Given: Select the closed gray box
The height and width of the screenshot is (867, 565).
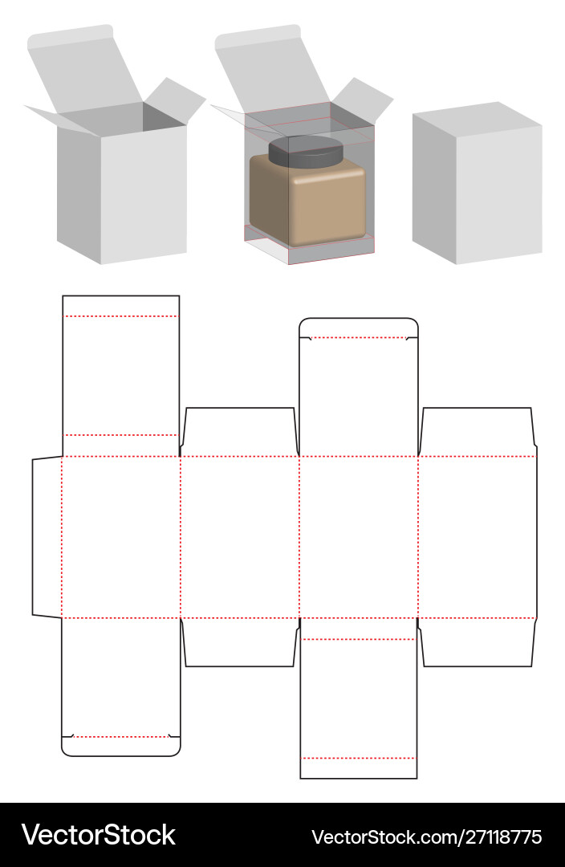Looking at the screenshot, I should (x=477, y=185).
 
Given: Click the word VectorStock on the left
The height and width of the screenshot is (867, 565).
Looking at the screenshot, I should (x=98, y=835).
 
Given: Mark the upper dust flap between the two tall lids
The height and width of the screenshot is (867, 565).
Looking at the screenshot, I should (x=240, y=432).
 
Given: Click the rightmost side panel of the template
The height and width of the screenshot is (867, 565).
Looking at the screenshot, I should (x=478, y=537).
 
